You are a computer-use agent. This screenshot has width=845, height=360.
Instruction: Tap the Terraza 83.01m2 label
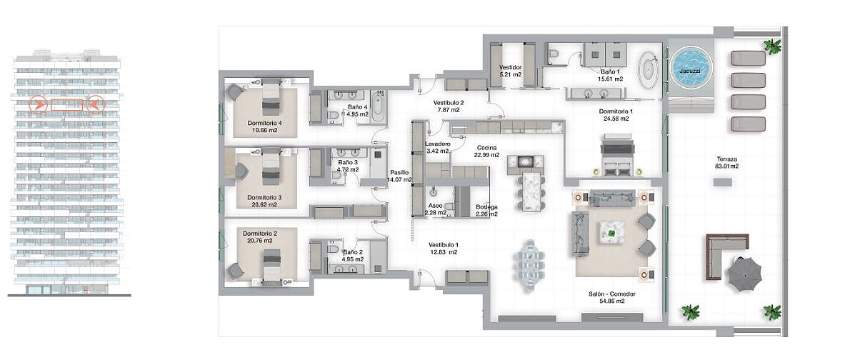tap(727, 163)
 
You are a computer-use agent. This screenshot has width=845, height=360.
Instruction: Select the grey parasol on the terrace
tap(745, 273)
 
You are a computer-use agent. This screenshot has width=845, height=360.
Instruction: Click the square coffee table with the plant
tap(611, 234)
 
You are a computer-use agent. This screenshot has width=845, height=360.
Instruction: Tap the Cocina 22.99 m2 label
tap(486, 151)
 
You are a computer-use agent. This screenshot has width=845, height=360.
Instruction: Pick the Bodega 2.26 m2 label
tap(486, 210)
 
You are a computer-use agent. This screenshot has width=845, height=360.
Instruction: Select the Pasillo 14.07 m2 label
tap(401, 176)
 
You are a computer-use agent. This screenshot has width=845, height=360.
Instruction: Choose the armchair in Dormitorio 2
tap(235, 270)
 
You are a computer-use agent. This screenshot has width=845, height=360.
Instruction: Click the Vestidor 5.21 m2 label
tap(510, 71)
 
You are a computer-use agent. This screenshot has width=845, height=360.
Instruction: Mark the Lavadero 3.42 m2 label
tap(437, 148)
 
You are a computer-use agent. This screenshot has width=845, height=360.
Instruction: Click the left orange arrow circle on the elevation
tap(39, 104)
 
